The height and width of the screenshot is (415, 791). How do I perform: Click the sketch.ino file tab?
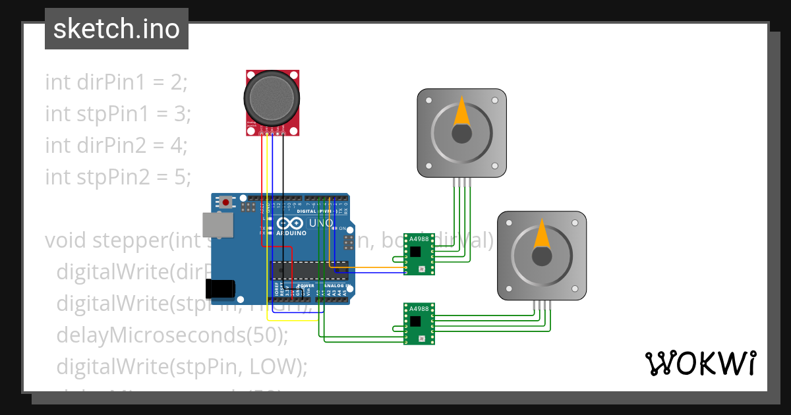(x=117, y=29)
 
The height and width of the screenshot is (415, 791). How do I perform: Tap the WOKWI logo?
(x=699, y=363)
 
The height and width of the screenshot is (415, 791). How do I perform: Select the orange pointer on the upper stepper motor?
(x=462, y=112)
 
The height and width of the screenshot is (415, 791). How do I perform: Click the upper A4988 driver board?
(x=419, y=254)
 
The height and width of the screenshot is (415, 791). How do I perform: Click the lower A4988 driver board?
(x=419, y=323)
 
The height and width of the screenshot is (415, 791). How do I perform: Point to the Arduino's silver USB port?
(x=218, y=225)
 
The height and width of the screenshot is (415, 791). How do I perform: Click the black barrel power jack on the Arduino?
(x=220, y=289)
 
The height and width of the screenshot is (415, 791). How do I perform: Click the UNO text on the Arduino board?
(x=322, y=223)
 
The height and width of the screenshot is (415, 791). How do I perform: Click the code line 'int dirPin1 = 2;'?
(x=117, y=82)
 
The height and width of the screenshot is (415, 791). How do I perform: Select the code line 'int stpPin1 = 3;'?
(x=118, y=114)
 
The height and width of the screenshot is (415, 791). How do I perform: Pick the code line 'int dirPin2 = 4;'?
(x=117, y=146)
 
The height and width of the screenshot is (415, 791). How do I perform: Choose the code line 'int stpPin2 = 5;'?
(x=118, y=177)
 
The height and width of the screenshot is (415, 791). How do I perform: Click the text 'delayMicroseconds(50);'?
(x=173, y=335)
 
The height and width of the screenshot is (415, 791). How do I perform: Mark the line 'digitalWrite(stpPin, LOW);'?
(x=182, y=366)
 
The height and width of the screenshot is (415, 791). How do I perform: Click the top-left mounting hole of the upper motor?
(x=429, y=101)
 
